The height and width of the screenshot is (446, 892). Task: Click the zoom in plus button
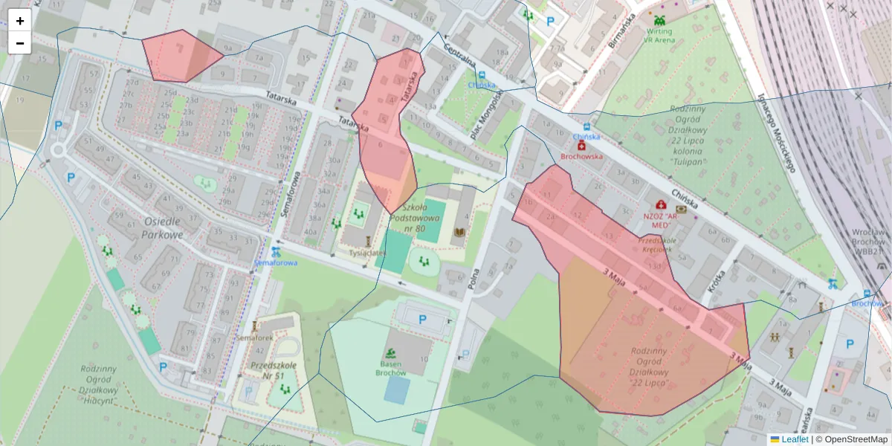pyautogui.click(x=20, y=21)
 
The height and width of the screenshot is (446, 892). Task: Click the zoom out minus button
pyautogui.click(x=20, y=43)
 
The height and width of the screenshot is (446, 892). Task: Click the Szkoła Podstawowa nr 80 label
pyautogui.click(x=421, y=218)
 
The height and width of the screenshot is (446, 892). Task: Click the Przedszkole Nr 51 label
pyautogui.click(x=274, y=370)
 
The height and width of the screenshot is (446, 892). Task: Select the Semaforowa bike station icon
pyautogui.click(x=276, y=252)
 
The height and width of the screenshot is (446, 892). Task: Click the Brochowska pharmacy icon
pyautogui.click(x=581, y=146)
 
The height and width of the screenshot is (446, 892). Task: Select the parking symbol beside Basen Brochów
pyautogui.click(x=423, y=320)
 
